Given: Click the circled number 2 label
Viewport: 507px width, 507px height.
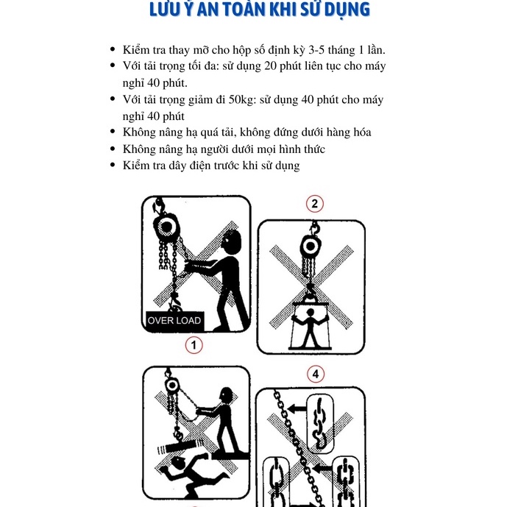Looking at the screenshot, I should point(314,204).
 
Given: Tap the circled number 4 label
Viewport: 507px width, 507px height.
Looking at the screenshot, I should point(316,375).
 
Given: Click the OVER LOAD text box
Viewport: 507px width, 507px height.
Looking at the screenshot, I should point(174,320).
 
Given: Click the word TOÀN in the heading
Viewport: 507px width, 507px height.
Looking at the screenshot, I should point(244,10).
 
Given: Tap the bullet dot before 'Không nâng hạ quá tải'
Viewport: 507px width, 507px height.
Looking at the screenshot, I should point(113,132).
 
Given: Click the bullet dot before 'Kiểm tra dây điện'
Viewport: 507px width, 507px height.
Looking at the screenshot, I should point(113,166).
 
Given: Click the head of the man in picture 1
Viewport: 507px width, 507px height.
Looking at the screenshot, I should point(231,241).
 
